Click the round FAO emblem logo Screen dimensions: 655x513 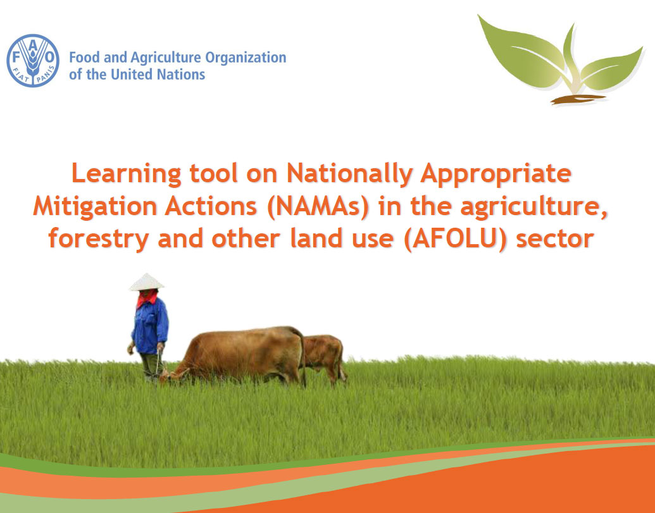tap(32, 61)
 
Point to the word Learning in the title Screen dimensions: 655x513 tap(127, 174)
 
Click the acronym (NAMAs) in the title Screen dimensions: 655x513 tap(318, 206)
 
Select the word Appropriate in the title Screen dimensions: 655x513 tap(496, 175)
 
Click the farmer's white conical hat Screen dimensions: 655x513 tap(146, 282)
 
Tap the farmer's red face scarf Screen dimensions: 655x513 tap(147, 298)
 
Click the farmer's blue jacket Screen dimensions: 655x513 tap(150, 325)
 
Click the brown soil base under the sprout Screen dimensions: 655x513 tap(578, 99)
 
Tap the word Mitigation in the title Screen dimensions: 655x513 tap(95, 207)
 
